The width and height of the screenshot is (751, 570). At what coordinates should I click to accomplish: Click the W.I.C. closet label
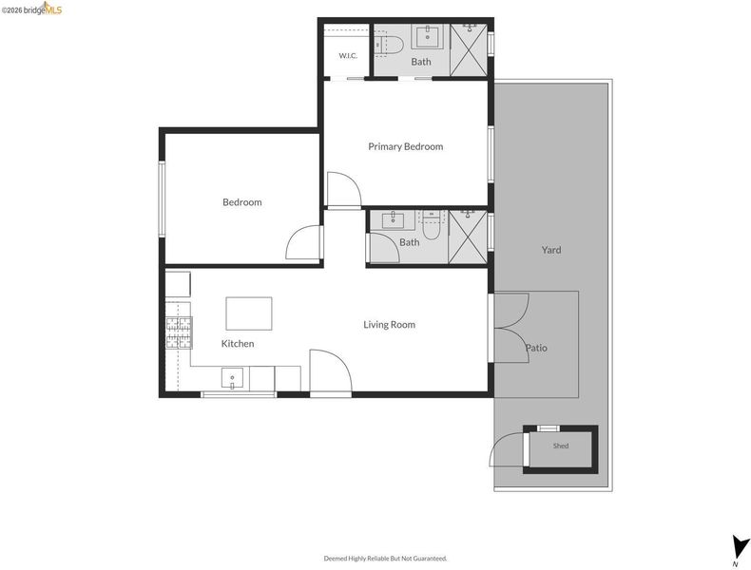tap(348, 55)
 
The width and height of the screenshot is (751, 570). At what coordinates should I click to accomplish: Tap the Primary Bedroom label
tap(405, 146)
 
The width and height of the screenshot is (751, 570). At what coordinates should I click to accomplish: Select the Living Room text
tap(389, 325)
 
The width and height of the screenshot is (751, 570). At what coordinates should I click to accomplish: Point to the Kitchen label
tap(238, 344)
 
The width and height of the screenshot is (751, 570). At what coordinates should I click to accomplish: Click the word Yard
tap(551, 250)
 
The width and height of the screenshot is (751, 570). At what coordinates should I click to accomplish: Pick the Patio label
tap(536, 348)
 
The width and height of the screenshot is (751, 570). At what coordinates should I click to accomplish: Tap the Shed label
tap(561, 446)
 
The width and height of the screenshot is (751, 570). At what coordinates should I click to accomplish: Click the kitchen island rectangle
tap(249, 313)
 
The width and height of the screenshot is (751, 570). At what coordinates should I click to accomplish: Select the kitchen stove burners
tap(179, 332)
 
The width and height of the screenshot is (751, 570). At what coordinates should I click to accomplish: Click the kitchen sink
tap(232, 377)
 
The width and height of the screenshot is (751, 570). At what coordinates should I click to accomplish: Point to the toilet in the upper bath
tap(388, 45)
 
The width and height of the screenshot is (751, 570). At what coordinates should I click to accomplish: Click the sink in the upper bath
tap(429, 36)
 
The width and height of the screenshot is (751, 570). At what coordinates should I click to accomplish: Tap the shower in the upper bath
tap(469, 49)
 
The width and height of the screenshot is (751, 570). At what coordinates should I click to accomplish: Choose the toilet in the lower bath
tap(431, 225)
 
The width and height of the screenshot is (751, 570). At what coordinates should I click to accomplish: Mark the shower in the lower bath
tap(468, 237)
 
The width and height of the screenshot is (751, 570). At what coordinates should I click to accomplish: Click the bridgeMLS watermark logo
tap(31, 9)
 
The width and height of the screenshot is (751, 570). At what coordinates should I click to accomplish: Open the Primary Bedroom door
tap(344, 190)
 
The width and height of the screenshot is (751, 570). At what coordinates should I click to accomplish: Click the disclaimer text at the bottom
tap(386, 558)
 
